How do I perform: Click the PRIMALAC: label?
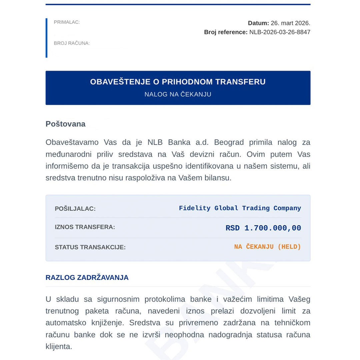pos(67,22)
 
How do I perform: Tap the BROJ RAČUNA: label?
pos(72,43)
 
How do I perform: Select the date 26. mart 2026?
pos(290,23)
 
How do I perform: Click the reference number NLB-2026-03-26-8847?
pos(280,32)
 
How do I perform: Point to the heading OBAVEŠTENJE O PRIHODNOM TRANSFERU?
pos(178,82)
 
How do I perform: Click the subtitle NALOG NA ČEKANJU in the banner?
pos(178,94)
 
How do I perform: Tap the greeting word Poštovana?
pos(65,124)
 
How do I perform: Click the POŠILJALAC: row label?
pos(75,209)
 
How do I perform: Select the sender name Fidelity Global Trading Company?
pos(240,208)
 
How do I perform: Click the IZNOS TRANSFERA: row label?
pos(85,227)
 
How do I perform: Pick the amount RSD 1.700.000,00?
pos(263,228)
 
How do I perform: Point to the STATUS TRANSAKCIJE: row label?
pos(90,247)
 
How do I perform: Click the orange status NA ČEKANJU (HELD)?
pos(267,247)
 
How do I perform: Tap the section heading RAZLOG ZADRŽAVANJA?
pos(87,278)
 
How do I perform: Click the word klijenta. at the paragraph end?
pos(59,346)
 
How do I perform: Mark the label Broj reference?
pos(226,32)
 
